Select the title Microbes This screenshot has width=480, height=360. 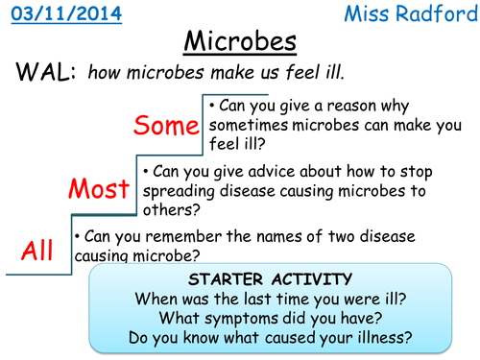click(239, 44)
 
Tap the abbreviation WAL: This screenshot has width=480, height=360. click(44, 73)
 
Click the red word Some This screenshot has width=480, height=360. click(166, 125)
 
